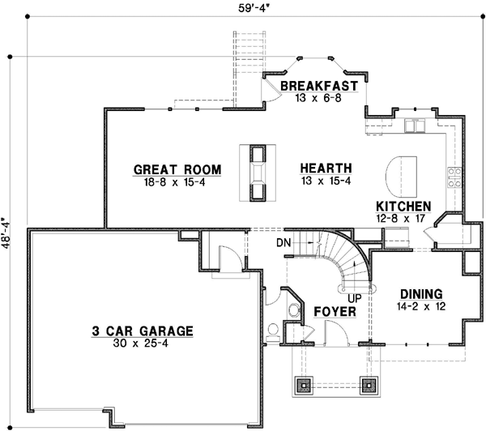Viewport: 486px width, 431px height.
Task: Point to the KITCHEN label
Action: coord(403,207)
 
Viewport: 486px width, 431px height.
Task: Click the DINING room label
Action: coord(420,294)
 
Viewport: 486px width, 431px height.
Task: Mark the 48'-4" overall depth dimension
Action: coord(7,235)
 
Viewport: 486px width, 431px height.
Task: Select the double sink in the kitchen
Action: coord(415,126)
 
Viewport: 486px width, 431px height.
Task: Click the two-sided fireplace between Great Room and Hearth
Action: coord(258,172)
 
